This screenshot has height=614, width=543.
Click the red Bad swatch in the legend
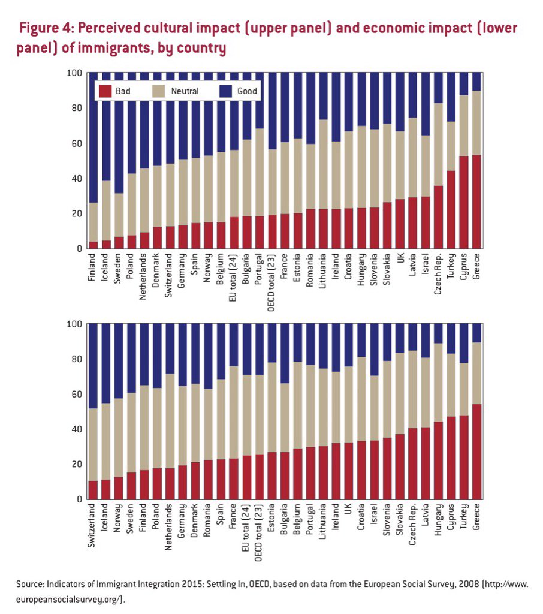105,91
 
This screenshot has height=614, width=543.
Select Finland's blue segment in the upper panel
93,137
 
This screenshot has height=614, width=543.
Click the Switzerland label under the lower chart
93,525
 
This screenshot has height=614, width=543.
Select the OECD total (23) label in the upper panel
271,282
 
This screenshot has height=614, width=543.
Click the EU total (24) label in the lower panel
246,531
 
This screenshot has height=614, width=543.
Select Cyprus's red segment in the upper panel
464,202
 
